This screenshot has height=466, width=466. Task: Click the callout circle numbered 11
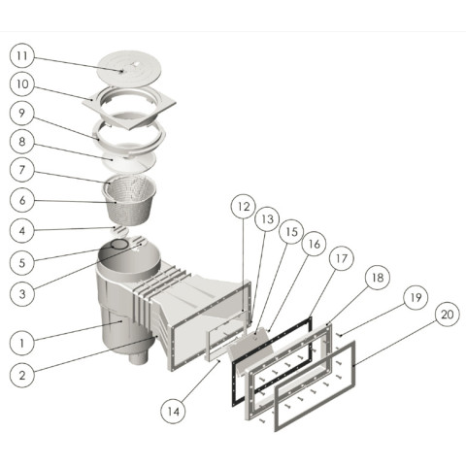(x=22, y=55)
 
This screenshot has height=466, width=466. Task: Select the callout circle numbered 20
(x=448, y=315)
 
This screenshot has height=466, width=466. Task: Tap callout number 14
(x=174, y=412)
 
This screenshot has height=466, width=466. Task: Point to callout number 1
(x=22, y=343)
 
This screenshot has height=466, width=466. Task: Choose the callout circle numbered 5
(x=22, y=262)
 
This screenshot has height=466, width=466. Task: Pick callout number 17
(x=342, y=258)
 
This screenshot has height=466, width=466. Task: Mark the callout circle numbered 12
(x=244, y=207)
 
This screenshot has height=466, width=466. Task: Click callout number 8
(x=22, y=141)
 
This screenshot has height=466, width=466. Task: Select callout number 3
(x=22, y=294)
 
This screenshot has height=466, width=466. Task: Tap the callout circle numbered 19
(x=416, y=297)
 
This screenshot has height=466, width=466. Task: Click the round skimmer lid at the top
(x=127, y=69)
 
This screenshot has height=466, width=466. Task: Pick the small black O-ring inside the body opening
(x=119, y=245)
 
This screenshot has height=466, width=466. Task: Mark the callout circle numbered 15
(x=291, y=231)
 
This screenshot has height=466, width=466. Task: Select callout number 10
(x=22, y=84)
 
